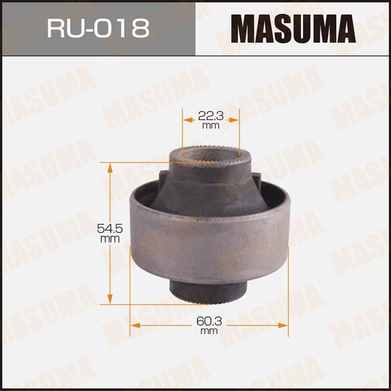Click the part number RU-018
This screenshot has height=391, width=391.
click(x=98, y=29)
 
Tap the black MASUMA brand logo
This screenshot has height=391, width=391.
click(x=293, y=29)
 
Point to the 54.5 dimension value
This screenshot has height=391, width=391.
click(x=110, y=229)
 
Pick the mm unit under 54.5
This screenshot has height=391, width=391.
click(x=110, y=239)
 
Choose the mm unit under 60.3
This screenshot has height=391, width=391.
click(x=209, y=331)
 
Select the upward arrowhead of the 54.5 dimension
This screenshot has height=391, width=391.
click(x=111, y=167)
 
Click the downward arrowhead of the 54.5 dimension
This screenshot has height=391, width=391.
click(x=111, y=300)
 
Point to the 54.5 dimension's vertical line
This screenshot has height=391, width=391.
click(x=111, y=195)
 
